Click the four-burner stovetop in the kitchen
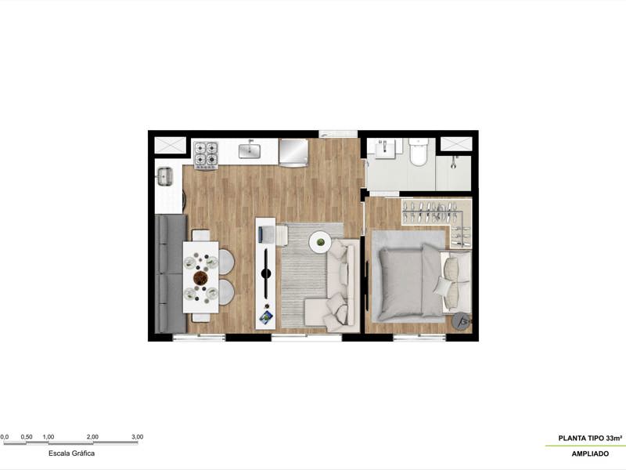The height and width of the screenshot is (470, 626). pyautogui.click(x=207, y=154)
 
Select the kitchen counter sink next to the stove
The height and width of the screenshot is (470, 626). pyautogui.click(x=250, y=149)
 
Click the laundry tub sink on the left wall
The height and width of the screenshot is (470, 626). pyautogui.click(x=165, y=177)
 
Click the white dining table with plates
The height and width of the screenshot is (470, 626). pyautogui.click(x=201, y=277)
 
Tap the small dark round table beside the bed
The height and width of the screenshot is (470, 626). pyautogui.click(x=462, y=320)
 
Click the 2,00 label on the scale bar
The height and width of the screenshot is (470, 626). pyautogui.click(x=92, y=437)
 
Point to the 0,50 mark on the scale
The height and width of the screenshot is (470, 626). pyautogui.click(x=26, y=437)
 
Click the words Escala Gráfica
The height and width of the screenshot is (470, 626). pyautogui.click(x=72, y=453)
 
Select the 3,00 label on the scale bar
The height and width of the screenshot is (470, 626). pyautogui.click(x=137, y=437)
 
